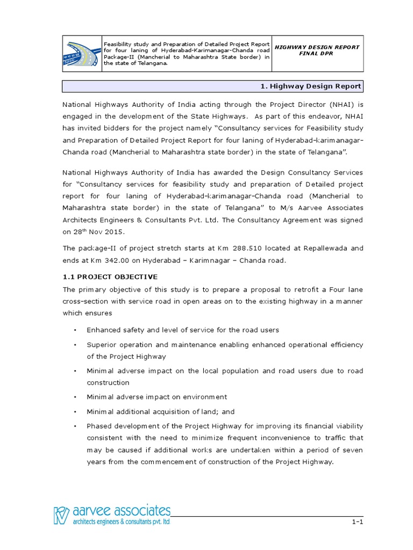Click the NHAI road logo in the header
(82, 53)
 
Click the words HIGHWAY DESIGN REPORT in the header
(317, 47)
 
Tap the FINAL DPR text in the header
(317, 55)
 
